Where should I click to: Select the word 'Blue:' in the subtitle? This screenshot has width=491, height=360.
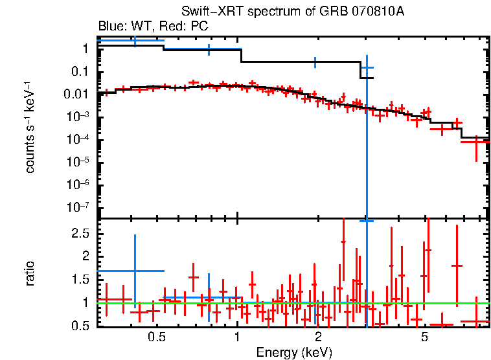111,27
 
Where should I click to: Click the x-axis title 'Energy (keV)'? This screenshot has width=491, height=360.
294,352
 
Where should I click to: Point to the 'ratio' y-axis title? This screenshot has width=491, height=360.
30,273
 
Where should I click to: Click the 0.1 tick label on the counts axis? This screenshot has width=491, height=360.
80,71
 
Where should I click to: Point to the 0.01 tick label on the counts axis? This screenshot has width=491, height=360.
77,95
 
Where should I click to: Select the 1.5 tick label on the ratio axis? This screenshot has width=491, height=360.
80,279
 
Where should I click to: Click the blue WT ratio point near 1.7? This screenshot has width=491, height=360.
135,271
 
